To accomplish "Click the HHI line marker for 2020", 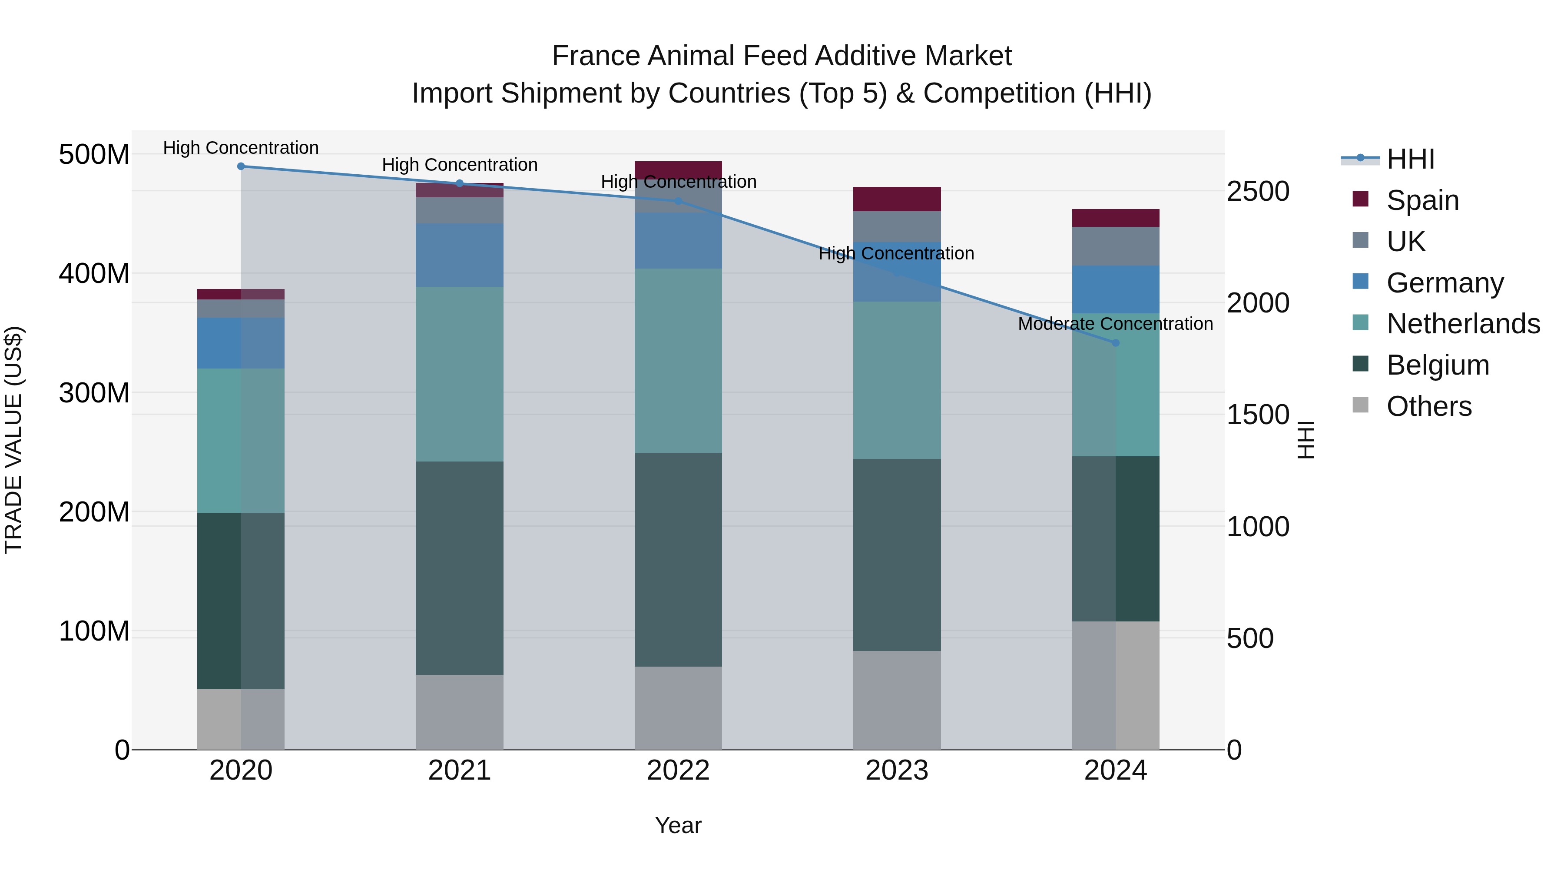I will click(241, 166).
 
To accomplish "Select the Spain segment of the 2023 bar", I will click(897, 199).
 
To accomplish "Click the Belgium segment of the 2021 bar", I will click(460, 568).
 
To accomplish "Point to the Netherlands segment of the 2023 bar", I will click(897, 380).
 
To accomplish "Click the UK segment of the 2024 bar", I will click(1115, 246).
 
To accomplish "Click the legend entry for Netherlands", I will click(1463, 324).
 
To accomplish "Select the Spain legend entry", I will click(1422, 200).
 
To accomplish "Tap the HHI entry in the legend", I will click(1410, 159).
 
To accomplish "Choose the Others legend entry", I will click(1428, 406).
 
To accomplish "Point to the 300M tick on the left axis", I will click(94, 393).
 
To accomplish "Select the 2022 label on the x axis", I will click(678, 770).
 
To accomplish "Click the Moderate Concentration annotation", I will click(1115, 324).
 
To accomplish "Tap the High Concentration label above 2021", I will click(460, 165).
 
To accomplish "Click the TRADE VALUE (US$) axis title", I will click(13, 440).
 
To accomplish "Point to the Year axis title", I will click(678, 825).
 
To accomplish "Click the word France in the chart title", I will click(596, 56).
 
